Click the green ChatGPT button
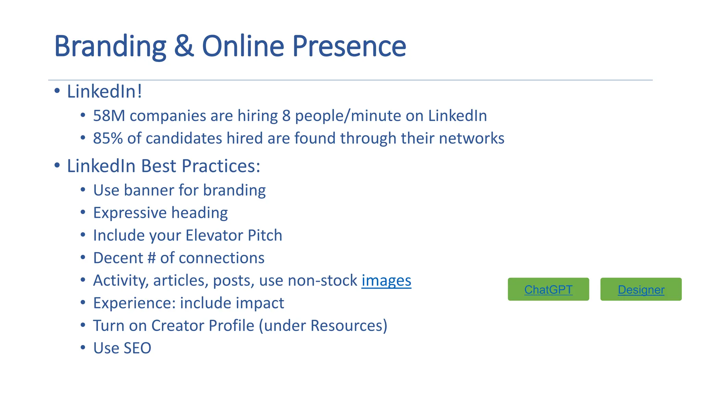click(548, 289)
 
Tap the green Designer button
click(641, 289)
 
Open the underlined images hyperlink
click(386, 280)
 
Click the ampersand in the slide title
click(184, 46)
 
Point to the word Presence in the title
click(349, 46)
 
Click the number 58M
click(109, 116)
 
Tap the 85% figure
click(107, 139)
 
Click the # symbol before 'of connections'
click(151, 258)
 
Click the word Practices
click(220, 166)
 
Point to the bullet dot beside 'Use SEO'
click(83, 347)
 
